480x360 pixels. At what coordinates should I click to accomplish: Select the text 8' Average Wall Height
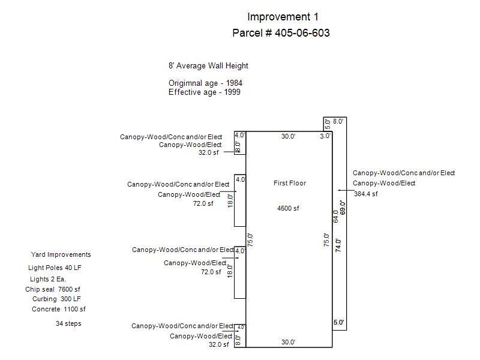tap(208, 66)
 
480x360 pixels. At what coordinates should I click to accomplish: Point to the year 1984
tap(235, 83)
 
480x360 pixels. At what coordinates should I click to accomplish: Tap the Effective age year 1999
tap(233, 92)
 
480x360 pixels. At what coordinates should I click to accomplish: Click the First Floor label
tap(290, 183)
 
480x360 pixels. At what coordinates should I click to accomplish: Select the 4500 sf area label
tap(288, 209)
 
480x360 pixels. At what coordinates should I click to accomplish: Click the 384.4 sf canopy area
tap(366, 194)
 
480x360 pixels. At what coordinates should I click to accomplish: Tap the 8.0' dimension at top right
tap(338, 121)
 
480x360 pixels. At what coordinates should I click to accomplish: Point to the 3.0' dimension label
tap(325, 136)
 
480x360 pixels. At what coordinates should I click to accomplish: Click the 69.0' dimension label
tap(343, 208)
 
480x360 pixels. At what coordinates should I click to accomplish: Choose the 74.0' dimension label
tap(338, 245)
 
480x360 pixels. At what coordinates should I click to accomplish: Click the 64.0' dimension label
tap(336, 216)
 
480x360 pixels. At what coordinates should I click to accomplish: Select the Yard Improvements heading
tap(61, 254)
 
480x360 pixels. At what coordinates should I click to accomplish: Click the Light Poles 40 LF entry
tap(55, 268)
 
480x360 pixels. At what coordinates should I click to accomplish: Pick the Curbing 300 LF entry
tap(57, 299)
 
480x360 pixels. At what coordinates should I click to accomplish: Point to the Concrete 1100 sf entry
tap(59, 309)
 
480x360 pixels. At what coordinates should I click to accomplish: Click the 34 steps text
tap(68, 324)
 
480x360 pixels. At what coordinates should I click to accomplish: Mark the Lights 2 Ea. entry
tap(47, 279)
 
